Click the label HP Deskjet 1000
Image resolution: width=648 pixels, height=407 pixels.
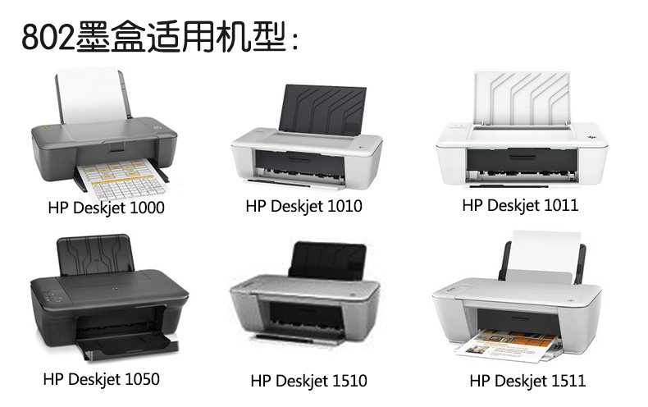point(106,208)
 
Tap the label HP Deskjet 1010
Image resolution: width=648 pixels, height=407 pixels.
point(303,205)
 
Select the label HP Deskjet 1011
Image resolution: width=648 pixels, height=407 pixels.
point(520,204)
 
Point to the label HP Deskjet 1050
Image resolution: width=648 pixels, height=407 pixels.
point(101,379)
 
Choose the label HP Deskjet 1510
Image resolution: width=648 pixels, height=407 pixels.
point(308,381)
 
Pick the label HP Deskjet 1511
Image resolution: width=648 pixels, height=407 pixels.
point(527,381)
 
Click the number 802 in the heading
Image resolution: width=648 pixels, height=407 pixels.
point(48,38)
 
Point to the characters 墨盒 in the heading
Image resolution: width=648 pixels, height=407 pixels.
point(112,38)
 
